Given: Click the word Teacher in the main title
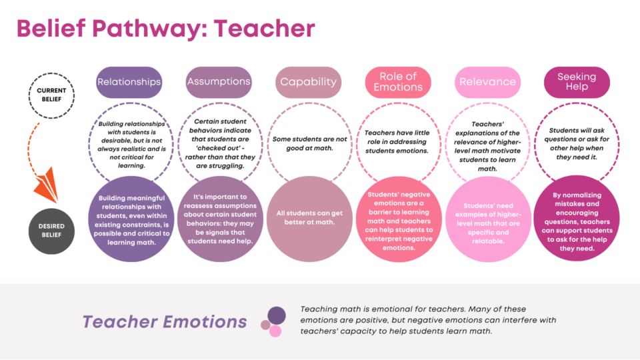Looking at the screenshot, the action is click(x=265, y=28).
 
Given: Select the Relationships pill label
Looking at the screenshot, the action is click(x=129, y=82).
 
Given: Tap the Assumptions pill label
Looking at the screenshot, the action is click(x=219, y=82).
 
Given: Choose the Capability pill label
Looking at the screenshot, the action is click(x=308, y=82).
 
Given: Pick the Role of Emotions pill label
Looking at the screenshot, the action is click(x=398, y=82).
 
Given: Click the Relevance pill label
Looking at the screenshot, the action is click(x=488, y=82).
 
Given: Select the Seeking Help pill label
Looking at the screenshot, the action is click(x=577, y=82).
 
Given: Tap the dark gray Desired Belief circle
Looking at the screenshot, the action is click(x=51, y=231).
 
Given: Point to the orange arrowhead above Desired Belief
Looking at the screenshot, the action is click(x=47, y=186).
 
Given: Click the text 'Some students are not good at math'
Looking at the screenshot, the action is click(x=309, y=144).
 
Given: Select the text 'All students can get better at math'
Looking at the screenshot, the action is click(x=309, y=217).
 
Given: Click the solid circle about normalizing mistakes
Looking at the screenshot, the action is click(x=577, y=219).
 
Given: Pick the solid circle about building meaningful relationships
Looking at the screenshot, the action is click(x=131, y=219).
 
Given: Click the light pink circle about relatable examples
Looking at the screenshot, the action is click(x=488, y=219).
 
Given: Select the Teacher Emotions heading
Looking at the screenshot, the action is click(x=165, y=321).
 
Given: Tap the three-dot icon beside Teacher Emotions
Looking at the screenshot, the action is click(x=273, y=321).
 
